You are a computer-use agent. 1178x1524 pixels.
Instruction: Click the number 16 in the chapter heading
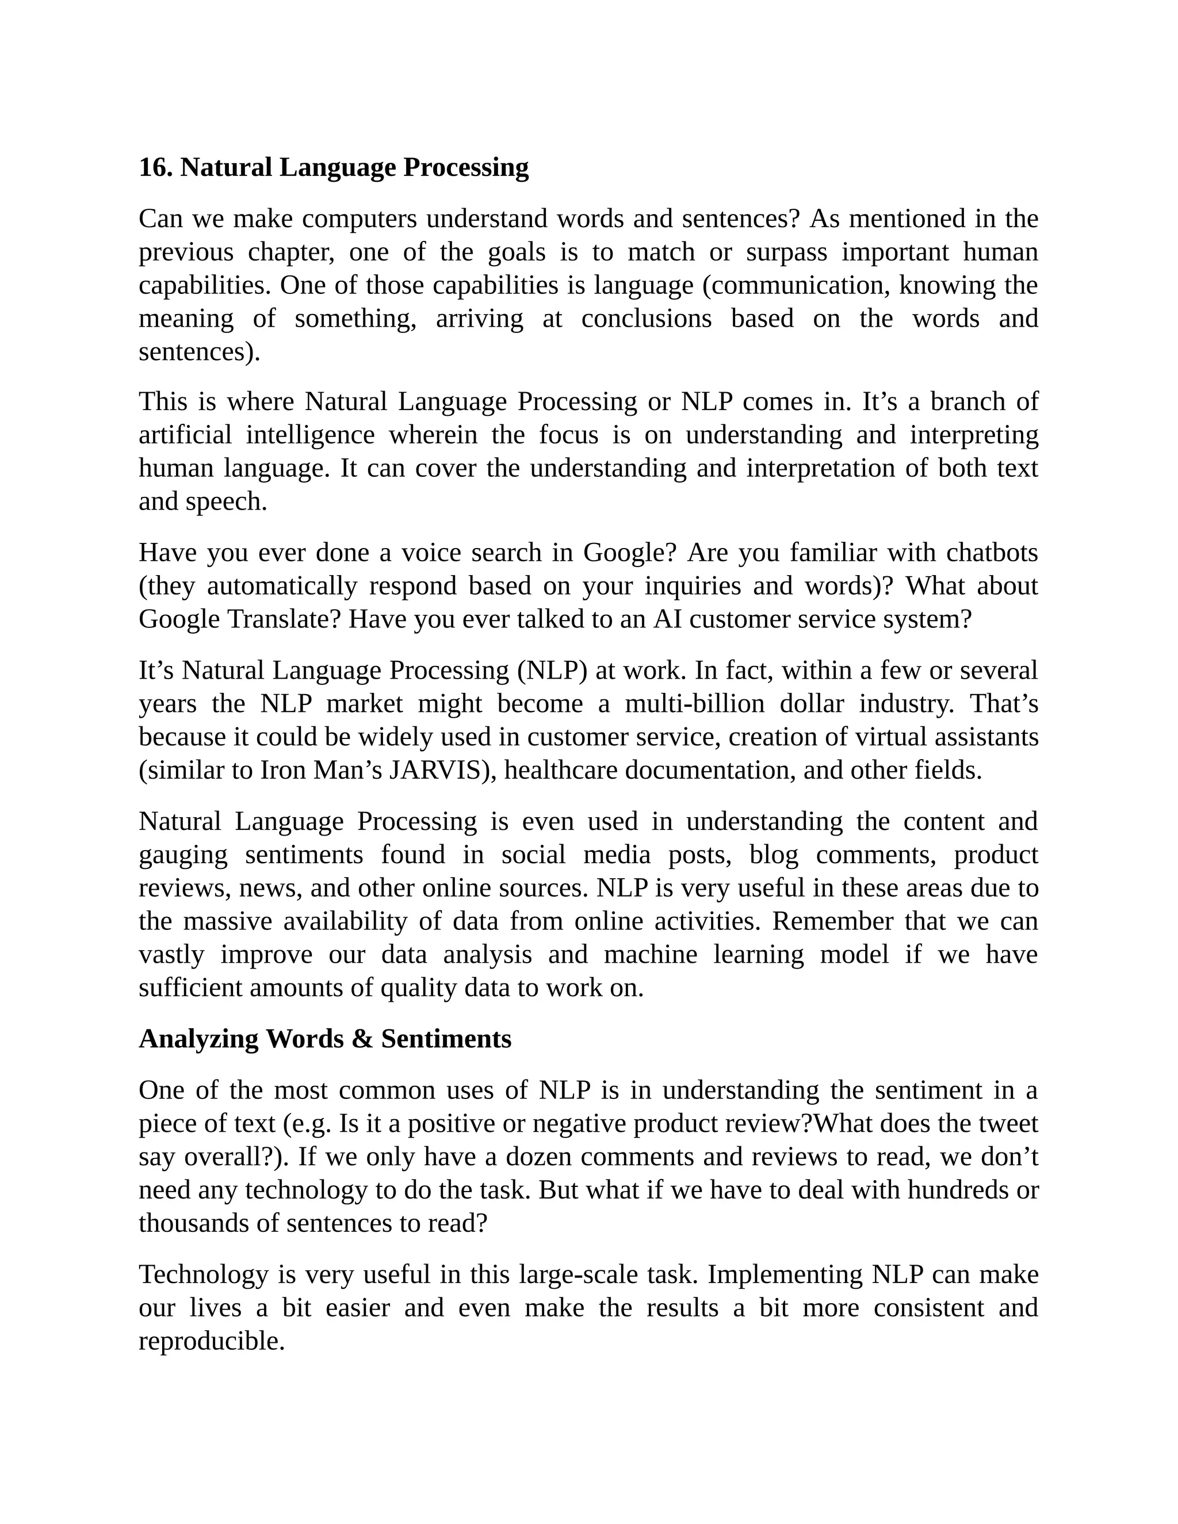click(x=155, y=167)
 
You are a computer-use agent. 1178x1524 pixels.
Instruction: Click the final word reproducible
click(x=212, y=1341)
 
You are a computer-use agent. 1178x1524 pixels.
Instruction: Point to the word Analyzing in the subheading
click(x=198, y=1039)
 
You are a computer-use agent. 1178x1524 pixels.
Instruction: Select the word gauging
click(x=183, y=855)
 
